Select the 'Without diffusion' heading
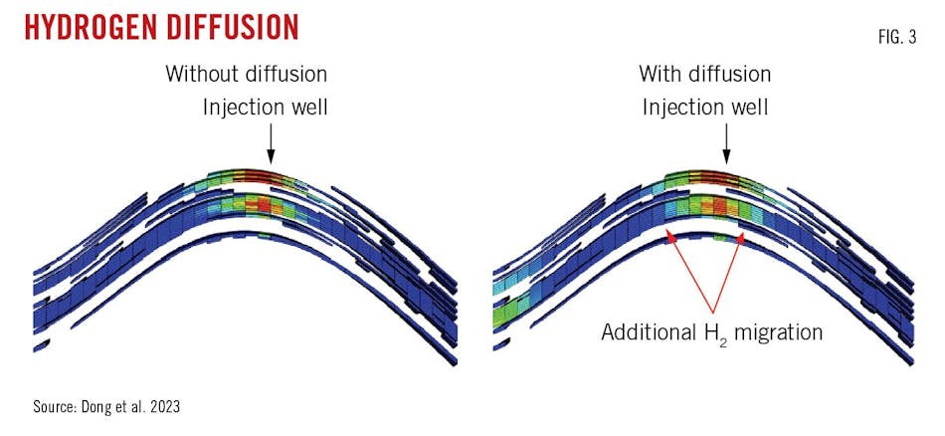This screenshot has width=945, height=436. pyautogui.click(x=246, y=74)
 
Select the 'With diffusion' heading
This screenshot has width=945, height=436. pyautogui.click(x=704, y=74)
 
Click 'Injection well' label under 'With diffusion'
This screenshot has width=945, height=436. pyautogui.click(x=704, y=106)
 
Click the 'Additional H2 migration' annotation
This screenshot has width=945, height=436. pyautogui.click(x=711, y=331)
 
